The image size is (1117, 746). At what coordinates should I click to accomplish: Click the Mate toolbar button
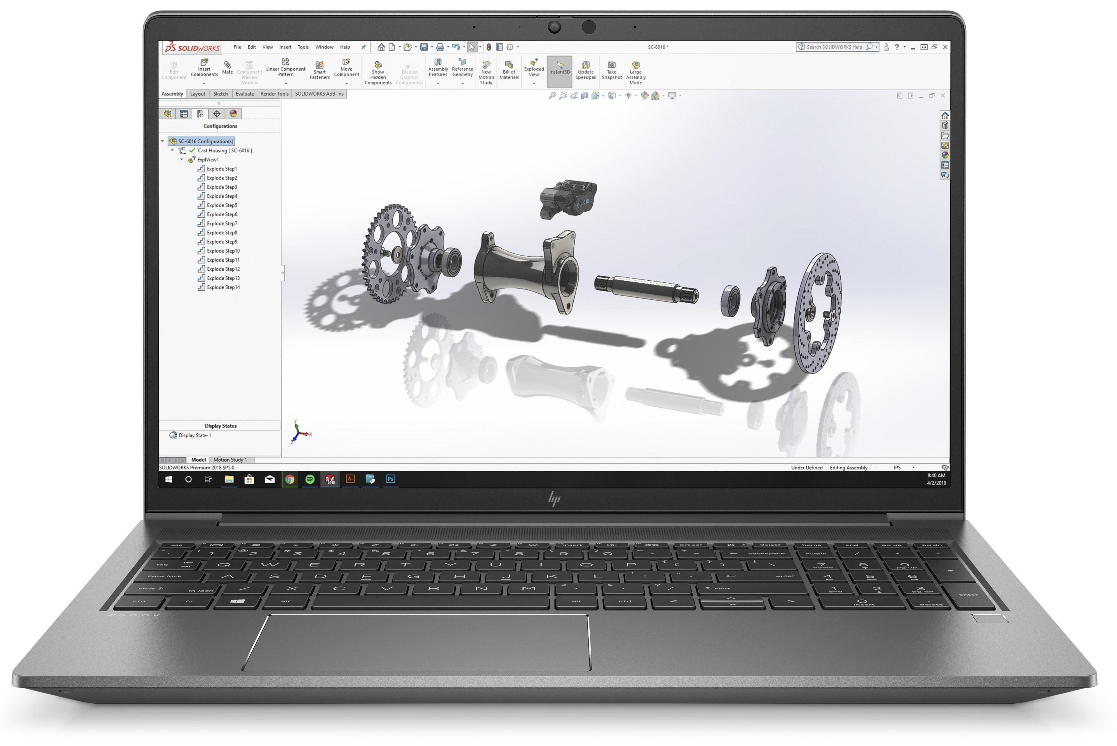(227, 67)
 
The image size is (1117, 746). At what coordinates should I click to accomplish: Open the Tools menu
(303, 47)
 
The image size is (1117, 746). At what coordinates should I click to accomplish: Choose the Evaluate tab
(245, 94)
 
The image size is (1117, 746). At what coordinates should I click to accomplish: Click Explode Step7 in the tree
(222, 224)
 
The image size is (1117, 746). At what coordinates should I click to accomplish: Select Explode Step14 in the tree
(223, 287)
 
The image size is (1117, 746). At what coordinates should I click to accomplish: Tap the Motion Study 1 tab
(230, 460)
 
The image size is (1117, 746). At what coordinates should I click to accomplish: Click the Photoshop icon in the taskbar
(391, 479)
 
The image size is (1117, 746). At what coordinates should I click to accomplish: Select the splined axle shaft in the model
(646, 289)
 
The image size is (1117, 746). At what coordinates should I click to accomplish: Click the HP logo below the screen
(554, 499)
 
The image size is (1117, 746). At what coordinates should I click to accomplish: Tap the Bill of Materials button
(508, 70)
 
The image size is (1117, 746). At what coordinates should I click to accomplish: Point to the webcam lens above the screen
(554, 27)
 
